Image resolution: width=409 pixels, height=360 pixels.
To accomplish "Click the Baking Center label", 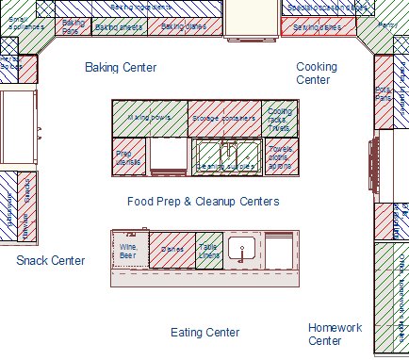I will [x=120, y=68].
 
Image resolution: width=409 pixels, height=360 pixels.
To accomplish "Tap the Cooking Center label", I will [x=316, y=74].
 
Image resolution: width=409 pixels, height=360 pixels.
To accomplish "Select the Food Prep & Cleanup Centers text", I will [x=203, y=202].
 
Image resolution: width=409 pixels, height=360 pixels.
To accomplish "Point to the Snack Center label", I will [x=50, y=260].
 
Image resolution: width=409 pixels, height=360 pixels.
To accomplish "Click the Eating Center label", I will [x=204, y=333].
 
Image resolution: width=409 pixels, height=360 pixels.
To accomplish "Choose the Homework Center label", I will [x=335, y=334].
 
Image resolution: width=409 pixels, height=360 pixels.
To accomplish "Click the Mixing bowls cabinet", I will [x=150, y=118].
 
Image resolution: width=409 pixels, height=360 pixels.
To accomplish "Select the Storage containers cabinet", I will [x=223, y=118].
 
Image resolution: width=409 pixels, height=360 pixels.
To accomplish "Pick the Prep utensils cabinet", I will [x=128, y=156].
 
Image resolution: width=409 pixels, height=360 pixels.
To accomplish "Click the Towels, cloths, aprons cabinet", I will [x=280, y=156].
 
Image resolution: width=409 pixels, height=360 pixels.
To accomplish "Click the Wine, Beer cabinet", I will [x=128, y=250].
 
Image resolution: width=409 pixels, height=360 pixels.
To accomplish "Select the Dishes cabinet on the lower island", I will [x=172, y=250].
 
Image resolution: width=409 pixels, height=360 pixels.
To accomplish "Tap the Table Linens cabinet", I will [x=209, y=250].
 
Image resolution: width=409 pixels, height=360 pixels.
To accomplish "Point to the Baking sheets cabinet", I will [x=120, y=27].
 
